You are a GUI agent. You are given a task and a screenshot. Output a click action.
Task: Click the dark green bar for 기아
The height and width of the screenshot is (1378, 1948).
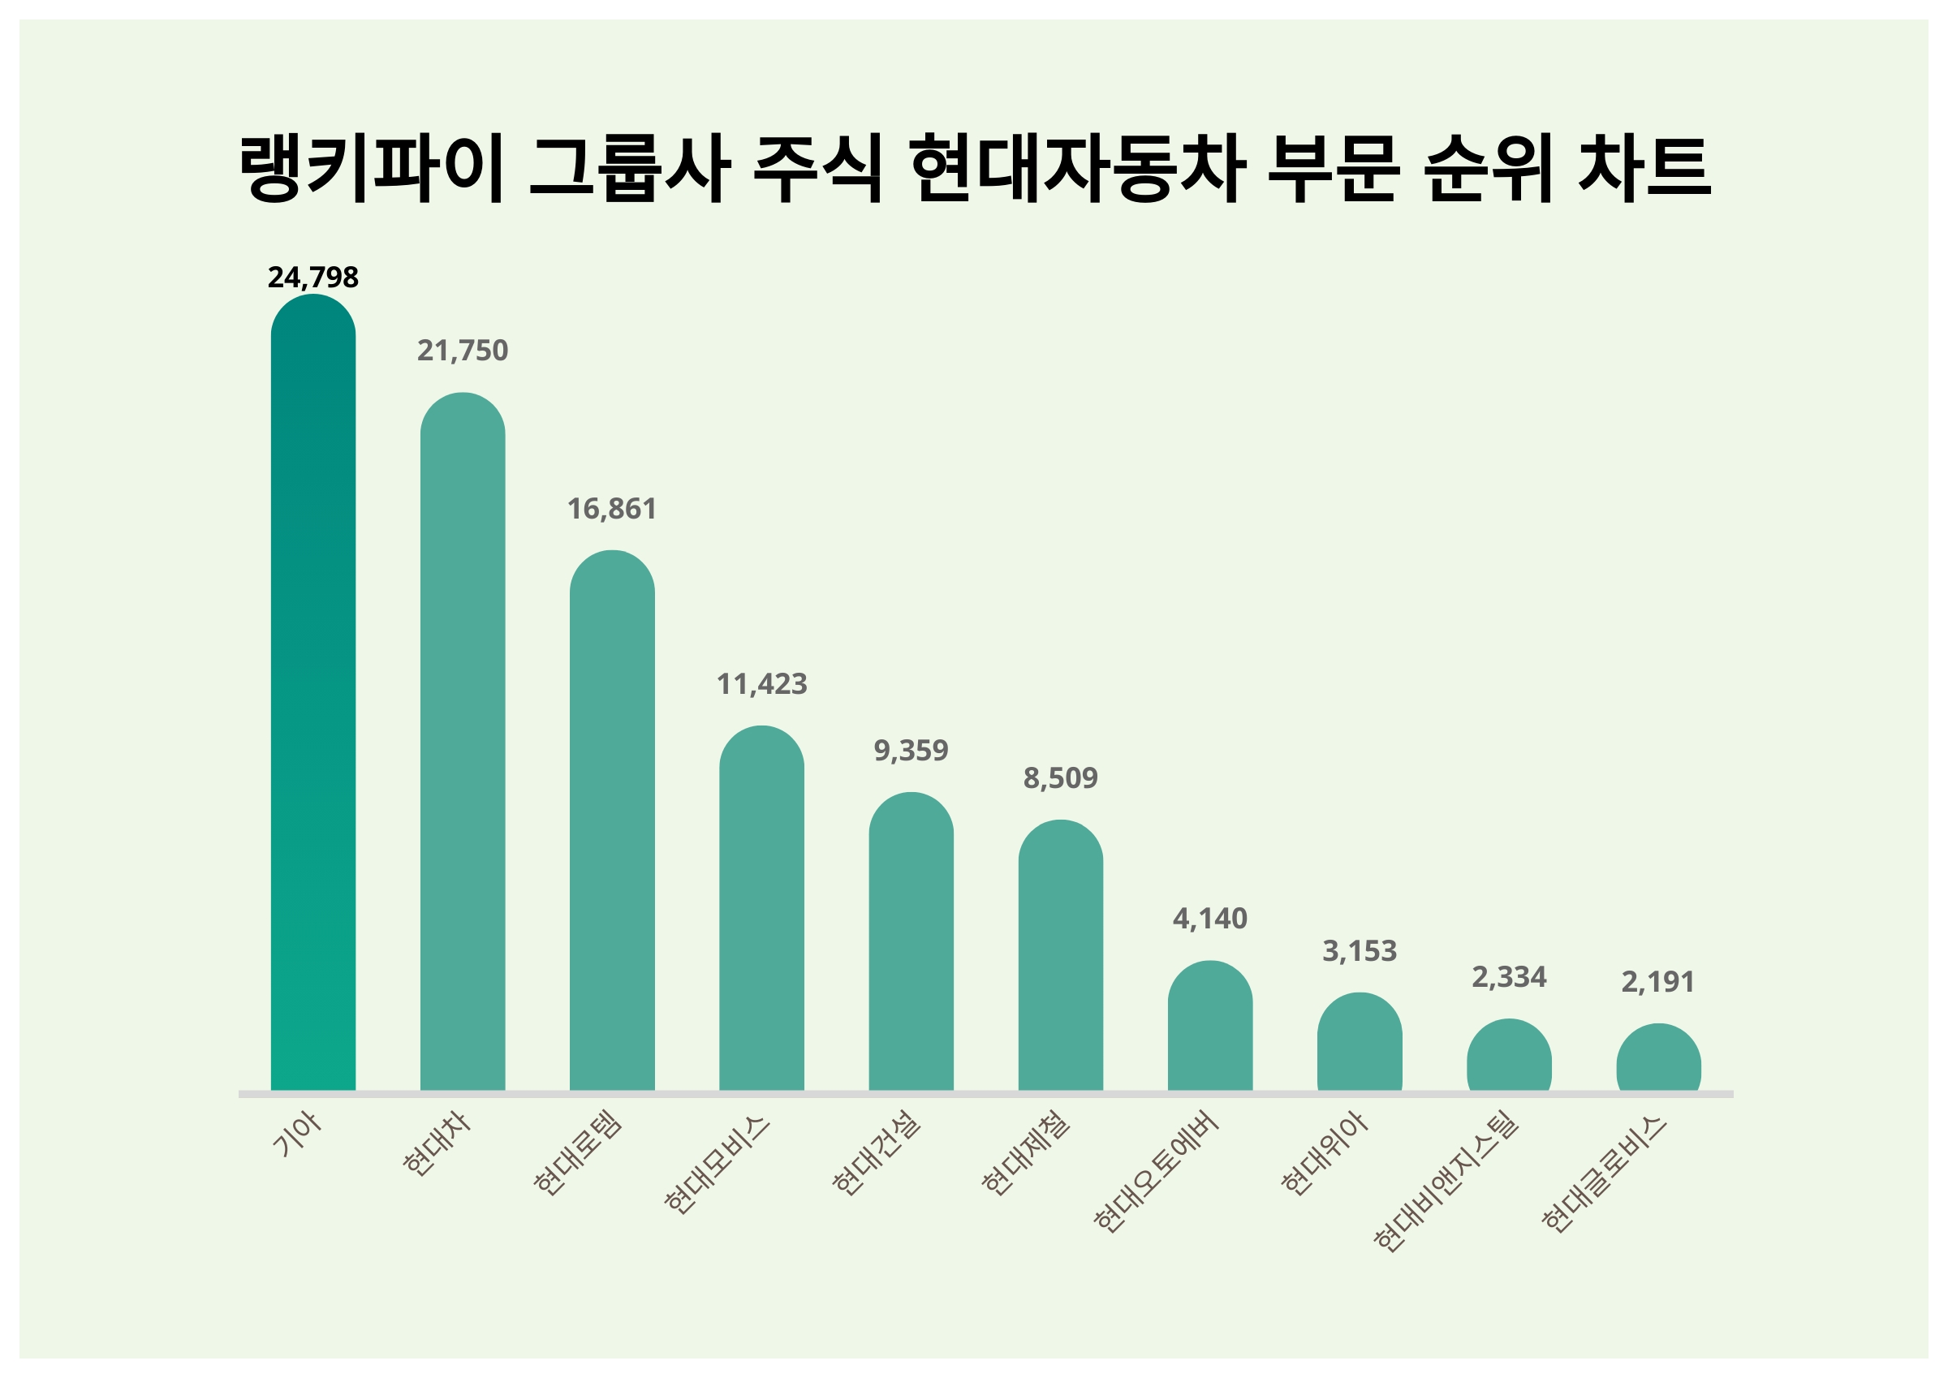[313, 691]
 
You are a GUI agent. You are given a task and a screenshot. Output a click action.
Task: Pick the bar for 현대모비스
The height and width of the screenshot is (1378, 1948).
[761, 907]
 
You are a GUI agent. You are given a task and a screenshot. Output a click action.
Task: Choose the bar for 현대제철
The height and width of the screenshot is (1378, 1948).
[1061, 954]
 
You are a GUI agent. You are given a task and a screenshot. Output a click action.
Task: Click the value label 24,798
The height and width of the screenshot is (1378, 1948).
[313, 278]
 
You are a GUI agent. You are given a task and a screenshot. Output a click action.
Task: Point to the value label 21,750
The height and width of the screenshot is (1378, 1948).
[463, 351]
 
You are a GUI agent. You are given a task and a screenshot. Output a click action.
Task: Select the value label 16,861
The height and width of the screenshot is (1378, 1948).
[612, 509]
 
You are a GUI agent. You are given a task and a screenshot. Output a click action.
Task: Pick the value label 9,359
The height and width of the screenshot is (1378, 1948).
[912, 750]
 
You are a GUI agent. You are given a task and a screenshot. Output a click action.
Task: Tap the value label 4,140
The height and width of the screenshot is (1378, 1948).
[1210, 918]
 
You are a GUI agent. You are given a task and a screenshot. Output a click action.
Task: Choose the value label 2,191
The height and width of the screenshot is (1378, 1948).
[1658, 982]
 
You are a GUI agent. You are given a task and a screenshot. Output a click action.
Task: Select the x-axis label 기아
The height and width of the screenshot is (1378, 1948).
[297, 1134]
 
